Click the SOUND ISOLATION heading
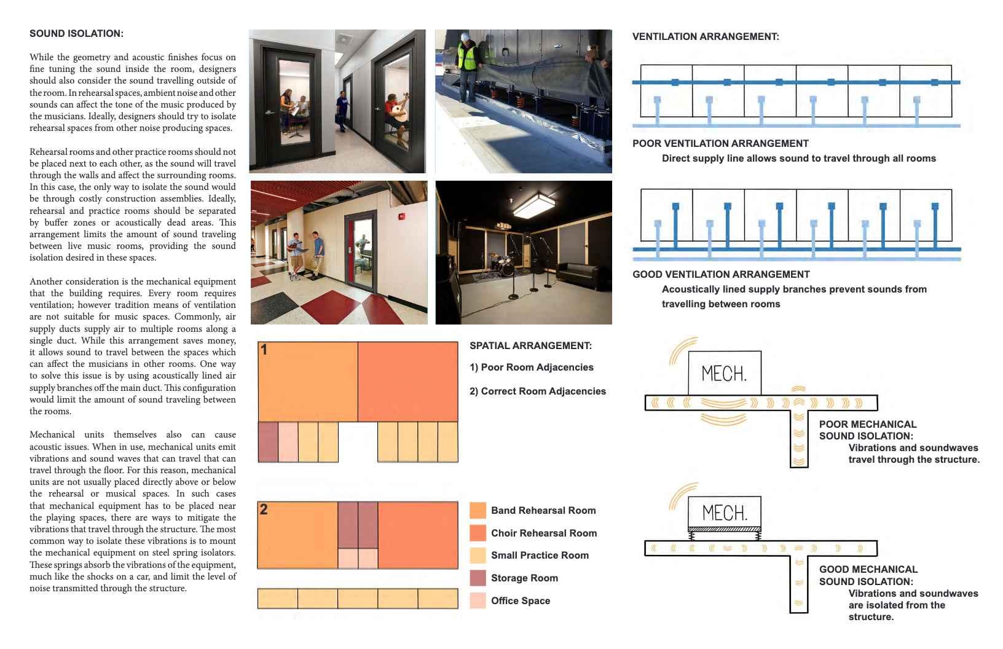[x=76, y=34]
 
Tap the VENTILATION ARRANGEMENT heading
[x=706, y=37]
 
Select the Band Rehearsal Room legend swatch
[x=478, y=510]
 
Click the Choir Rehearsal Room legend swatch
[x=478, y=533]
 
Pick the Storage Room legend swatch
[x=478, y=578]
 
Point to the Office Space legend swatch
[x=478, y=600]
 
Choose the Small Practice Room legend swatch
[x=478, y=555]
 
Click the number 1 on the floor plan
[x=264, y=350]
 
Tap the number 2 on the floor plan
[x=264, y=509]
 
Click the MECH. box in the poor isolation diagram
[x=725, y=373]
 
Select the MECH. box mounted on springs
[x=725, y=512]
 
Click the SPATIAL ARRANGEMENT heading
[x=530, y=346]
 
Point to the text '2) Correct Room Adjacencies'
[x=537, y=391]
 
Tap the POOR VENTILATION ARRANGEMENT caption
[x=720, y=144]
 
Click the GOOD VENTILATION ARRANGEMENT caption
[x=721, y=275]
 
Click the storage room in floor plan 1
[x=268, y=442]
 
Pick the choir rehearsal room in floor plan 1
[x=407, y=382]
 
